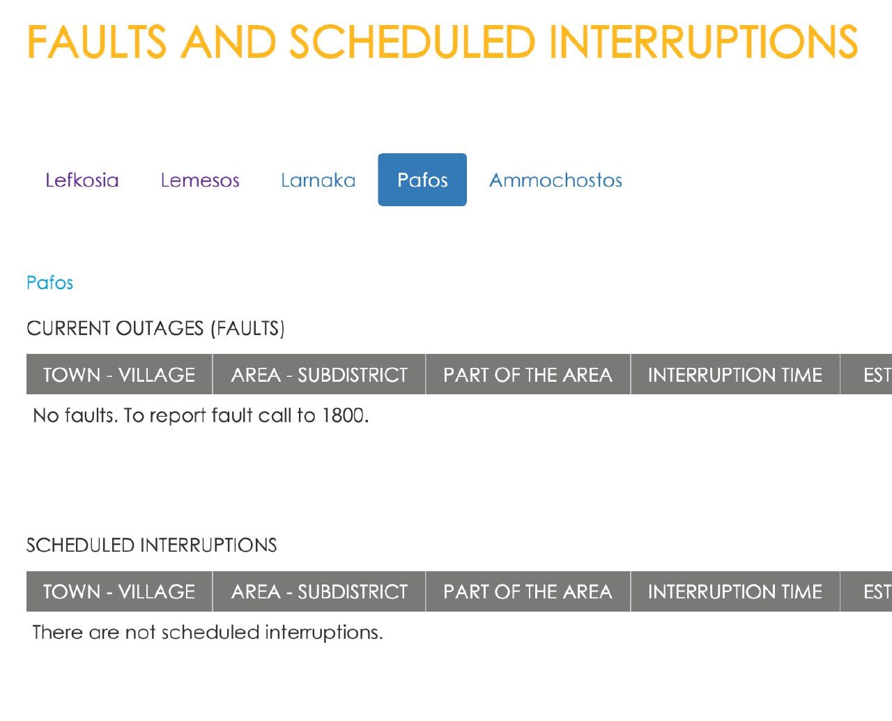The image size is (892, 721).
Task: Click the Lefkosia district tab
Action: pyautogui.click(x=82, y=180)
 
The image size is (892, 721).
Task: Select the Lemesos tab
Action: pyautogui.click(x=200, y=180)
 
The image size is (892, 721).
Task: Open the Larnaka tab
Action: pyautogui.click(x=318, y=180)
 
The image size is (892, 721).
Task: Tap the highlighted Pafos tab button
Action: pyautogui.click(x=422, y=180)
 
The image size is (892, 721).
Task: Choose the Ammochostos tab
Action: pyautogui.click(x=555, y=180)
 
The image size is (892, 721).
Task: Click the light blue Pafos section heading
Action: pyautogui.click(x=50, y=283)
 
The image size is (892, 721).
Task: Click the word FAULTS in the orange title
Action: pyautogui.click(x=97, y=42)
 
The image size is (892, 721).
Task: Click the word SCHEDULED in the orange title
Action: pyautogui.click(x=413, y=42)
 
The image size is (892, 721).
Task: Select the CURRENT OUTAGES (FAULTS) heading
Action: pyautogui.click(x=156, y=328)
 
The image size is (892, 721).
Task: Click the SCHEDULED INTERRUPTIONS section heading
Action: pyautogui.click(x=152, y=545)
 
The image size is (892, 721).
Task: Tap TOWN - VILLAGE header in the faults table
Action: pyautogui.click(x=119, y=375)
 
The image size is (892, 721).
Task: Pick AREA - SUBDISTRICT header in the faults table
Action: pyautogui.click(x=319, y=375)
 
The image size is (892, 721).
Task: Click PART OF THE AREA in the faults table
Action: pyautogui.click(x=528, y=375)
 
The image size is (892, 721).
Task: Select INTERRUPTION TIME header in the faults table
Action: pyautogui.click(x=735, y=375)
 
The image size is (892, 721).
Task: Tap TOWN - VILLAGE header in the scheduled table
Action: pyautogui.click(x=119, y=591)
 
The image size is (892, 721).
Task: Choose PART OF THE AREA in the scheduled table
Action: pyautogui.click(x=528, y=591)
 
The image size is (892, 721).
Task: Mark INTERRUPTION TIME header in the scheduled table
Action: pyautogui.click(x=735, y=591)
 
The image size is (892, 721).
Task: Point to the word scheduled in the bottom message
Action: pyautogui.click(x=210, y=633)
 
